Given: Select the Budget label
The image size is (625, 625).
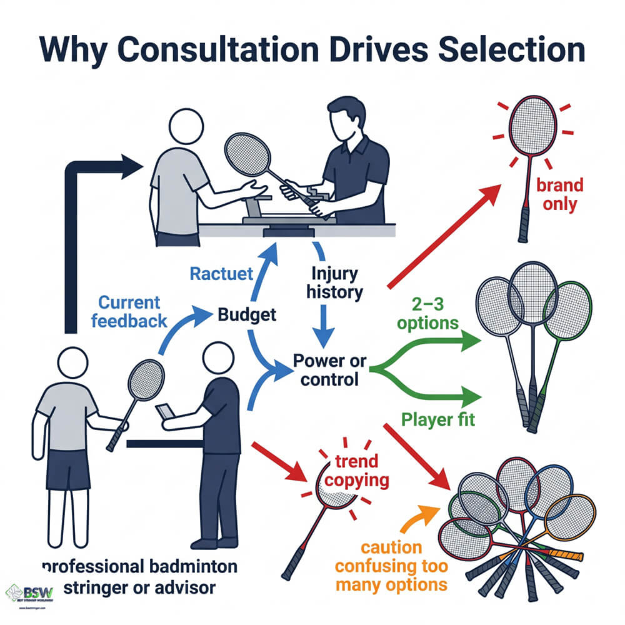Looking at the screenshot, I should [x=247, y=314].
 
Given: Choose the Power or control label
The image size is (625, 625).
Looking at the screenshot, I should [x=330, y=370].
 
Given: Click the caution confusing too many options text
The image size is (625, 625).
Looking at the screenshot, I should [x=391, y=566].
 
